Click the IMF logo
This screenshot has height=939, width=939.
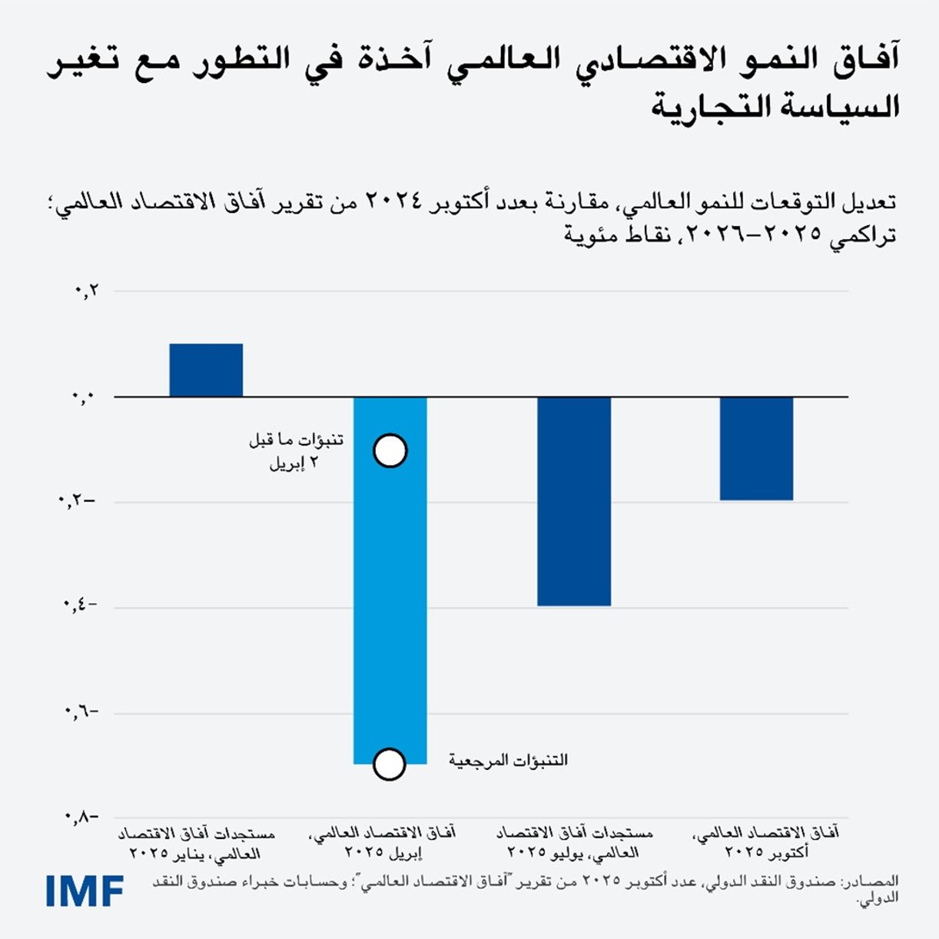click(x=85, y=890)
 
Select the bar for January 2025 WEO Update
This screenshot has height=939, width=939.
click(x=206, y=370)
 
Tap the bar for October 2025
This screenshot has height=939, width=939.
click(x=757, y=449)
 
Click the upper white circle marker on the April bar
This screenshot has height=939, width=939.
click(x=390, y=451)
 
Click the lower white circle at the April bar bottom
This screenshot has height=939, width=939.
click(x=390, y=765)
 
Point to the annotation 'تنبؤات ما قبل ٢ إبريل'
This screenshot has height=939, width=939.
click(x=296, y=452)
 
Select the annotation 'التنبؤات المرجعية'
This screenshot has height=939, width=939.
click(x=508, y=761)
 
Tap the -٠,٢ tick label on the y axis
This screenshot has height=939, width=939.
click(x=78, y=502)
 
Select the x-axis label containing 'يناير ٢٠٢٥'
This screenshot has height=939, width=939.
click(x=197, y=843)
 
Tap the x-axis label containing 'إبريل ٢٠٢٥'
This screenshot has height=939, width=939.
click(x=382, y=843)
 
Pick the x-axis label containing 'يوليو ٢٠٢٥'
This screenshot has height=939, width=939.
click(x=574, y=843)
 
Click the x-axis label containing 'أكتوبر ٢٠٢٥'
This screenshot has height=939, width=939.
click(x=765, y=843)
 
